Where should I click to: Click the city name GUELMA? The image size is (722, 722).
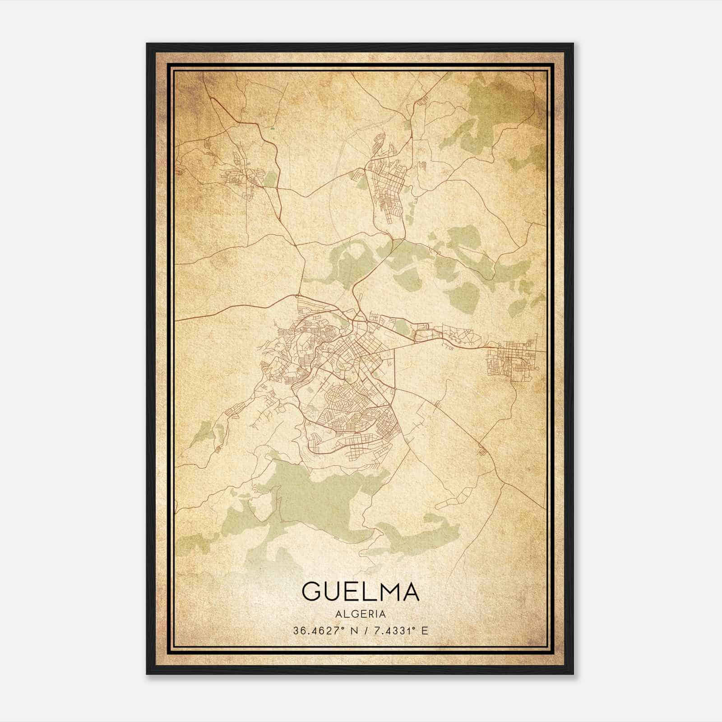point(361,591)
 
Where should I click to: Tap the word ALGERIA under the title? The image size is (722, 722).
point(361,614)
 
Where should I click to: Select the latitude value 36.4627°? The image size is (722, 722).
point(318,631)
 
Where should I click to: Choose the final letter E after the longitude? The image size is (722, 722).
point(424,631)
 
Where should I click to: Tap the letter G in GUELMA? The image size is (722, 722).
point(312,591)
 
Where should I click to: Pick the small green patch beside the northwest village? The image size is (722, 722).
point(269,179)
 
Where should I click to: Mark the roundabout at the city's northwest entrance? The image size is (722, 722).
point(296,296)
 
